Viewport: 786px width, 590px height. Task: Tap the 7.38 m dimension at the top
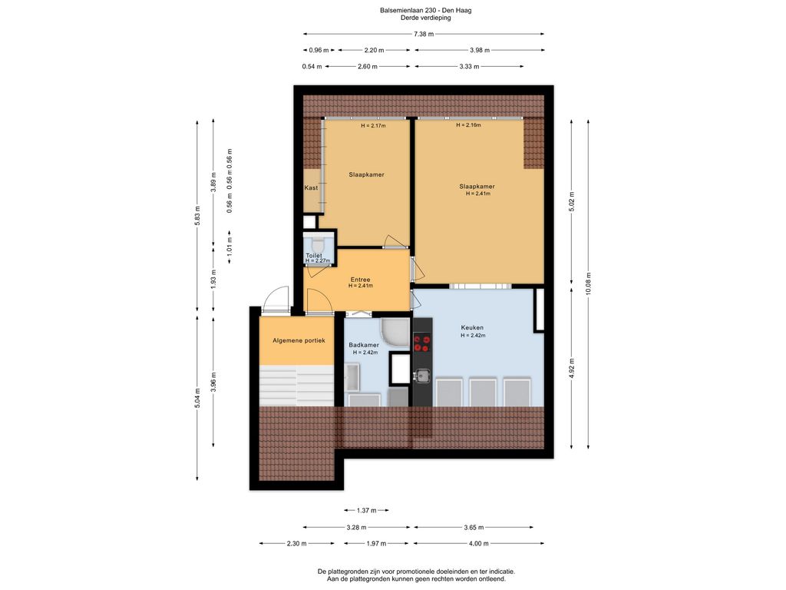[424, 35]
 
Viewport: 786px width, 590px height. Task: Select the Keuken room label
[472, 326]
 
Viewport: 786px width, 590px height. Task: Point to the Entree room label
[360, 280]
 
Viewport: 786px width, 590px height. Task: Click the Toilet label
[314, 255]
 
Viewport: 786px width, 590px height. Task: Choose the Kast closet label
[311, 188]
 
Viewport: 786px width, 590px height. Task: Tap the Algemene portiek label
[299, 340]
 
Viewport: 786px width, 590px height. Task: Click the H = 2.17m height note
[373, 126]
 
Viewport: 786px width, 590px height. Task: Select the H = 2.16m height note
[468, 125]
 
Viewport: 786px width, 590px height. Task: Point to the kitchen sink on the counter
[421, 376]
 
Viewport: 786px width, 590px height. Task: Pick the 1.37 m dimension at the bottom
[367, 510]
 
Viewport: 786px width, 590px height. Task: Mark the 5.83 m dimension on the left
[197, 216]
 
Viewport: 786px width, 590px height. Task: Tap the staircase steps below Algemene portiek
[296, 383]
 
